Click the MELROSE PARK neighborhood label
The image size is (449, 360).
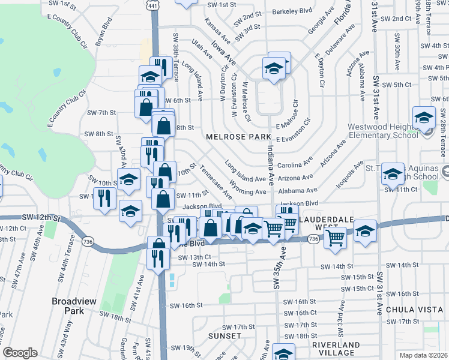pyautogui.click(x=239, y=137)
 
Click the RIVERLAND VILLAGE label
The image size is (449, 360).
pyautogui.click(x=336, y=349)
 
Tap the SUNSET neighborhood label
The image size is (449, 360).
pyautogui.click(x=224, y=336)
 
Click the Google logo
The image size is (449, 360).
pyautogui.click(x=20, y=353)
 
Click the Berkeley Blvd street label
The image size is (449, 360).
pyautogui.click(x=293, y=10)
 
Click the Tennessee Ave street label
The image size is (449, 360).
pyautogui.click(x=216, y=182)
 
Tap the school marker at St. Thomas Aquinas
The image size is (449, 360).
pyautogui.click(x=393, y=175)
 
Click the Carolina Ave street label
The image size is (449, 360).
pyautogui.click(x=295, y=163)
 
